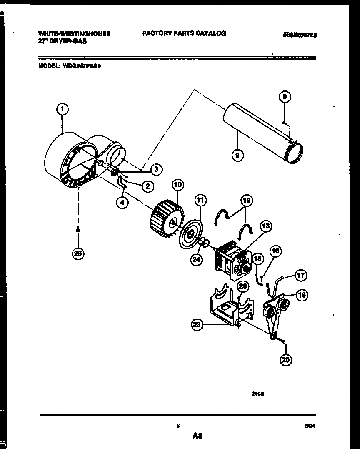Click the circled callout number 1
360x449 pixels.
[62, 110]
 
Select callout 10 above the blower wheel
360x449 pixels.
[177, 185]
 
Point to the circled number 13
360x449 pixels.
[265, 226]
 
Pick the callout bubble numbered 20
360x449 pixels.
[285, 360]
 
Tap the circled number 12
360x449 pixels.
[246, 201]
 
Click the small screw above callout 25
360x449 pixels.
[78, 229]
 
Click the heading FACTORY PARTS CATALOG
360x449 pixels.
[184, 33]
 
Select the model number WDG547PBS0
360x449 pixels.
[81, 65]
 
